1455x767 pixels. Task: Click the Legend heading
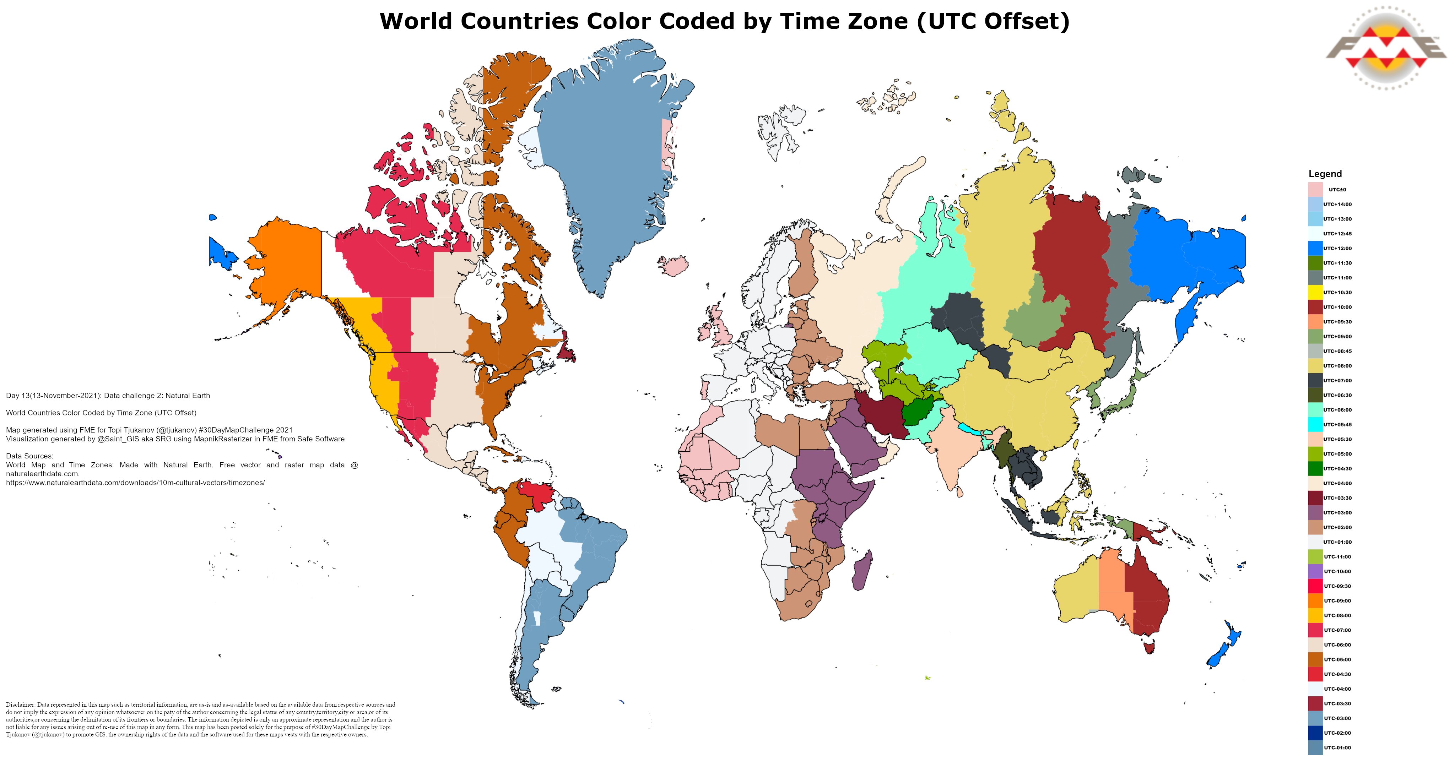[1325, 174]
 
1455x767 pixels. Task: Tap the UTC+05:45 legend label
[1337, 425]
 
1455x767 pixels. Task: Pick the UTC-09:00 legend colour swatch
[1315, 601]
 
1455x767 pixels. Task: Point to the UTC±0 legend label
[1337, 190]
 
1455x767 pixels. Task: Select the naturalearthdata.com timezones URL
[136, 483]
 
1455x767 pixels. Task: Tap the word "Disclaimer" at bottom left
[20, 705]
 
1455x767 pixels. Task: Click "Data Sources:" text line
[30, 456]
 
